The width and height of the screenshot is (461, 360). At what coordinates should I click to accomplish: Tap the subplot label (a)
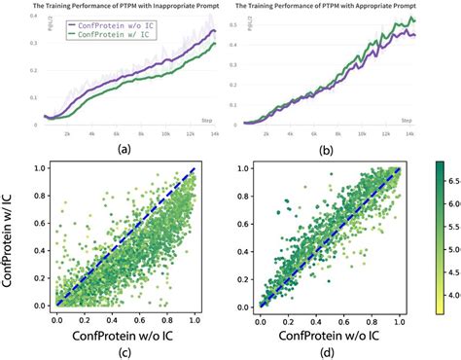click(124, 150)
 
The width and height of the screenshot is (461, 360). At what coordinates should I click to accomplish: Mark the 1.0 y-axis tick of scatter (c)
click(36, 169)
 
